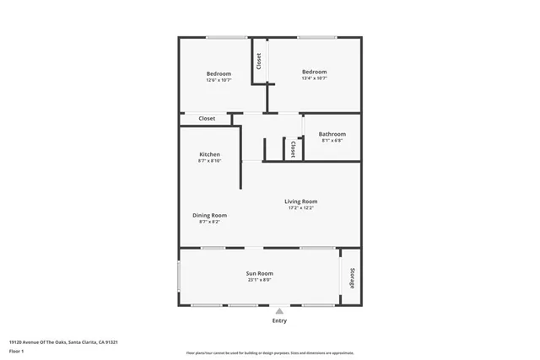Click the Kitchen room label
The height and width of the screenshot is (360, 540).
pos(209,154)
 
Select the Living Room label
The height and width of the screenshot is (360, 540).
pos(300,201)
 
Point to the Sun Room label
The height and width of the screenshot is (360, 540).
pos(259,273)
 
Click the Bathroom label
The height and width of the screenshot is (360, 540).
pos(332,134)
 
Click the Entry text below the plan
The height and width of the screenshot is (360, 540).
pos(279,320)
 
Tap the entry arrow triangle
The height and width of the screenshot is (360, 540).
pos(279,310)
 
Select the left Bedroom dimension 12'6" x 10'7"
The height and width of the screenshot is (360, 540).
pos(219,81)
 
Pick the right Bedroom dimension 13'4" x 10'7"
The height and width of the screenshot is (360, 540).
pos(314,79)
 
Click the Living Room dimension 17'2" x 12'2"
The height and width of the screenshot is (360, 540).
pos(300,208)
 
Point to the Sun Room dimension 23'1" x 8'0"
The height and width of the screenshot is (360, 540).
pos(259,280)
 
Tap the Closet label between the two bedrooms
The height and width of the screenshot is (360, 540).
pos(259,61)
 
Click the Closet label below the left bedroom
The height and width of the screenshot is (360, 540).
pos(207,119)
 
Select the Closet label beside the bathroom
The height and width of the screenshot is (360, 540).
pos(293,149)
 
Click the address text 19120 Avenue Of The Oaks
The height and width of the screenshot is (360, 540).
pos(62,342)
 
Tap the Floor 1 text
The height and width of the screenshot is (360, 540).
pos(16,350)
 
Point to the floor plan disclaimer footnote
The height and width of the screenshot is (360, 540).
pos(270,353)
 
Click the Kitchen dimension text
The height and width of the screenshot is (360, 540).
pos(209,161)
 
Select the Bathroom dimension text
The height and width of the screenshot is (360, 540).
pos(332,141)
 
